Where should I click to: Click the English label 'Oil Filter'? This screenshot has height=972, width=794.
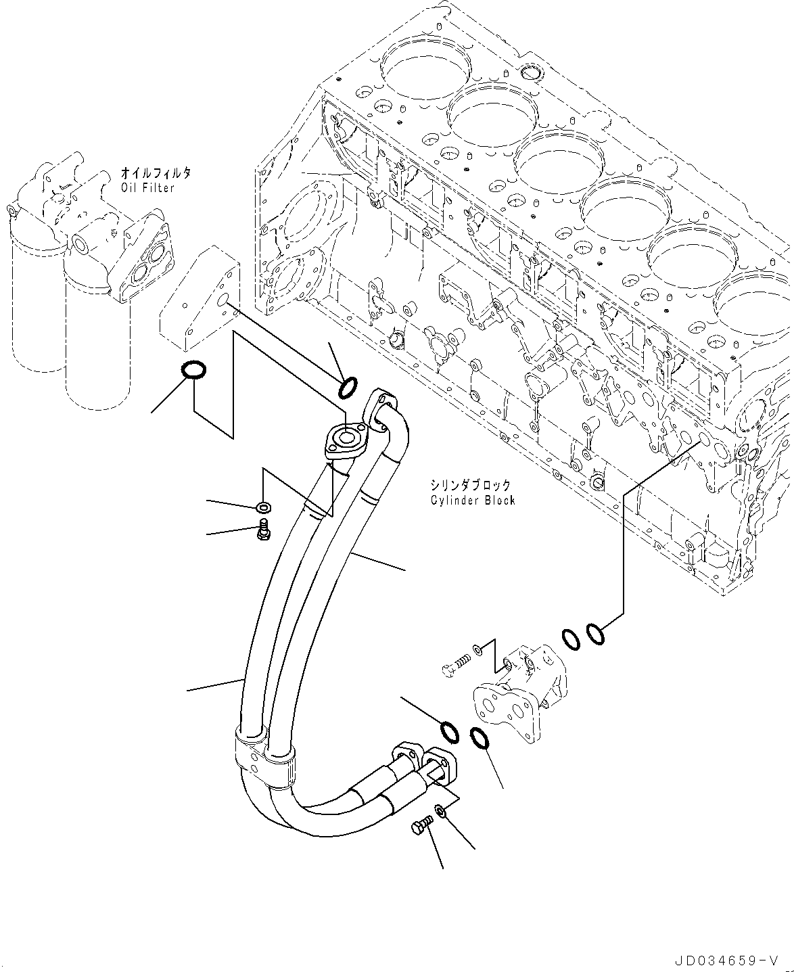click(x=147, y=188)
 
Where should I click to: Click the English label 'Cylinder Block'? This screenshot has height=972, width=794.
click(x=472, y=500)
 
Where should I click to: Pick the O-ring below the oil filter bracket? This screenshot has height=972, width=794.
click(x=194, y=370)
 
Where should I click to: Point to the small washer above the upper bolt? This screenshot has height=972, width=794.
click(x=263, y=507)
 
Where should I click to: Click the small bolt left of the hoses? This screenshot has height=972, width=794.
click(x=263, y=532)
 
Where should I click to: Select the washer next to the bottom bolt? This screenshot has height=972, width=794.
click(x=440, y=810)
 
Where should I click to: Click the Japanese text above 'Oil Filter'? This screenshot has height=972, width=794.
click(x=156, y=173)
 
